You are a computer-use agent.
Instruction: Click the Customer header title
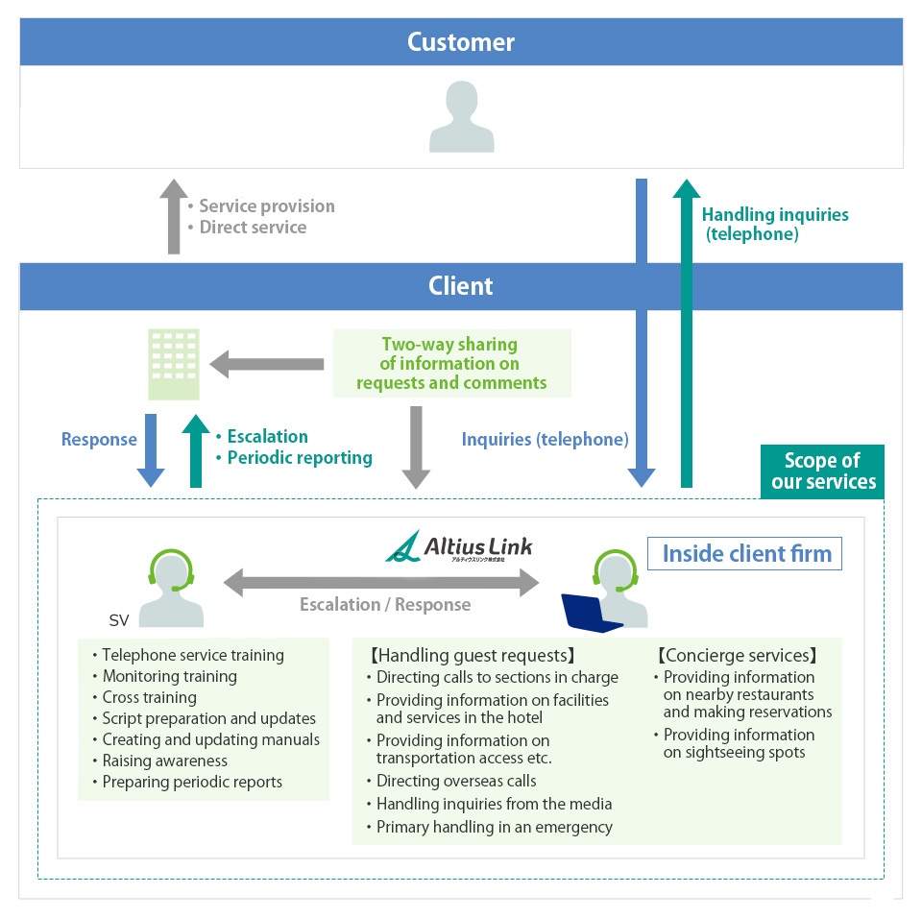point(461,42)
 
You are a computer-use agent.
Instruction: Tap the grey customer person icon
point(462,117)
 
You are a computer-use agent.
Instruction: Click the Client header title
point(461,286)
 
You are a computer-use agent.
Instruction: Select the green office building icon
point(174,364)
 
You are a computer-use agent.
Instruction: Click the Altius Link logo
point(459,547)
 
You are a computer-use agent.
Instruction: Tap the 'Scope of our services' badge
point(823,471)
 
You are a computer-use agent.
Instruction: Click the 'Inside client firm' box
point(746,553)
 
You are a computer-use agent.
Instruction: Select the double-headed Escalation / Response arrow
point(383,581)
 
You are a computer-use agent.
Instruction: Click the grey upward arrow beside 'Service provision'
point(174,216)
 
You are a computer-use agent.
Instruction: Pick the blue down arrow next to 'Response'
point(151,450)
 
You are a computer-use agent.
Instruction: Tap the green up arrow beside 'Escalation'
point(196,450)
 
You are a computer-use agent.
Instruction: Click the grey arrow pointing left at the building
point(267,364)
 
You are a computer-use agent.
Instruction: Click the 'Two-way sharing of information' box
point(451,363)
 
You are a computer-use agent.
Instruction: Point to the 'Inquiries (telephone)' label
point(545,439)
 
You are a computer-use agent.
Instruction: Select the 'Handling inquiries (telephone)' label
point(774,224)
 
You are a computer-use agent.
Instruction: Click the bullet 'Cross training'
point(150,697)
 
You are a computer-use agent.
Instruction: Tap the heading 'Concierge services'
point(737,656)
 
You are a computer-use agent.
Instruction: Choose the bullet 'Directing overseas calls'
point(455,781)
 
